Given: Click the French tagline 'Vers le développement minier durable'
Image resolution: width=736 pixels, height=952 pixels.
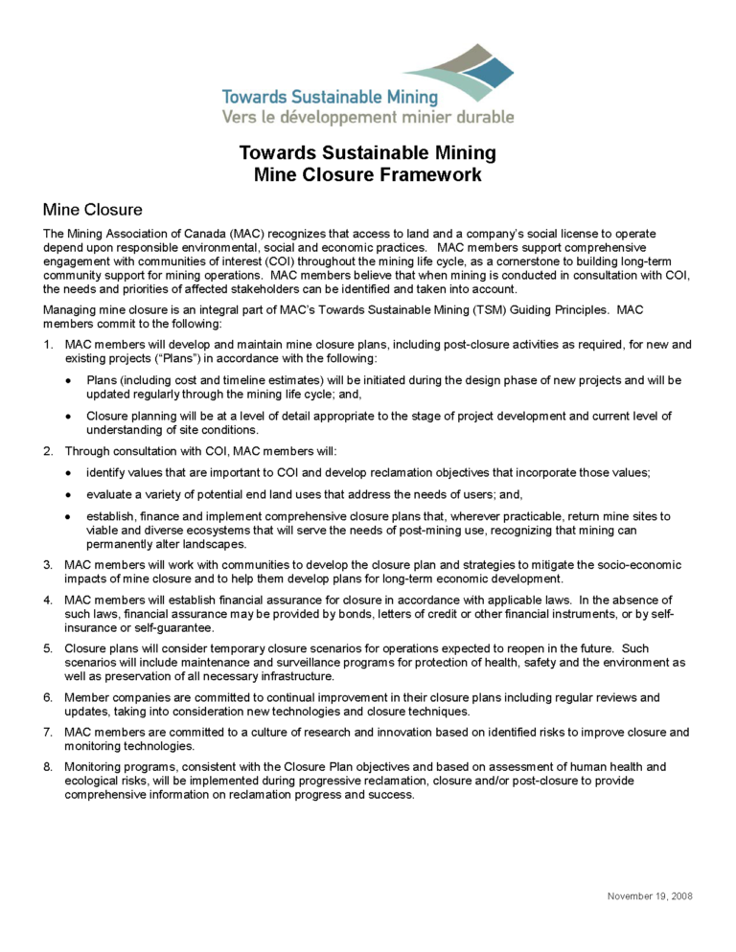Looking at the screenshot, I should point(367,117).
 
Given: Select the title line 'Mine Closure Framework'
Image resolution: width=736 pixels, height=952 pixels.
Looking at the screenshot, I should point(367,174).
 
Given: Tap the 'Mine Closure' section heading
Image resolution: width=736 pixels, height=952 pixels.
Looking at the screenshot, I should point(93,209).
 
